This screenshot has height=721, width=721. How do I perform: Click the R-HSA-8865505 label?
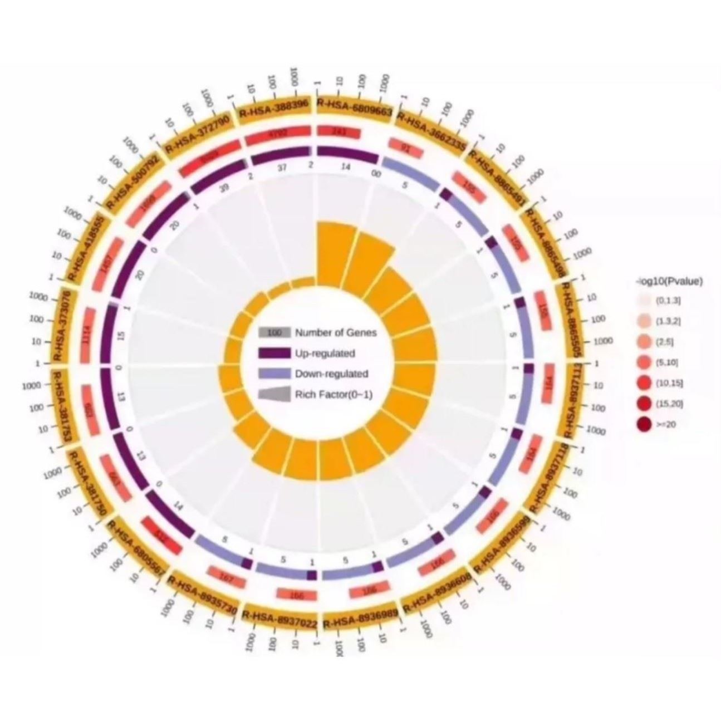tap(573, 321)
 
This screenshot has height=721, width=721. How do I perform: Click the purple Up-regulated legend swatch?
tap(274, 353)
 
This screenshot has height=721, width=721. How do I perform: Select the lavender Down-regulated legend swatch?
tap(274, 374)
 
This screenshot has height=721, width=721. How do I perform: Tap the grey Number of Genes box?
tap(274, 333)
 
